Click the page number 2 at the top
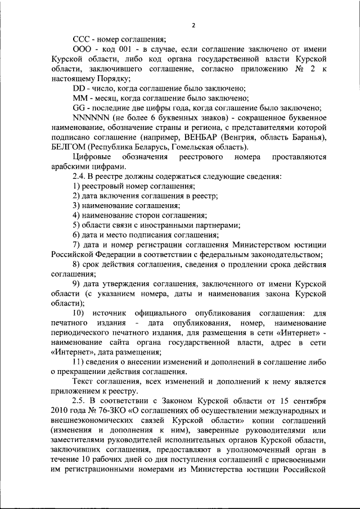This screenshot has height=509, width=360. pos(193,25)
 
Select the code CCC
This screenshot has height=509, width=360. pos(82,39)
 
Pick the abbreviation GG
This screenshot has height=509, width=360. pos(80,108)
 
